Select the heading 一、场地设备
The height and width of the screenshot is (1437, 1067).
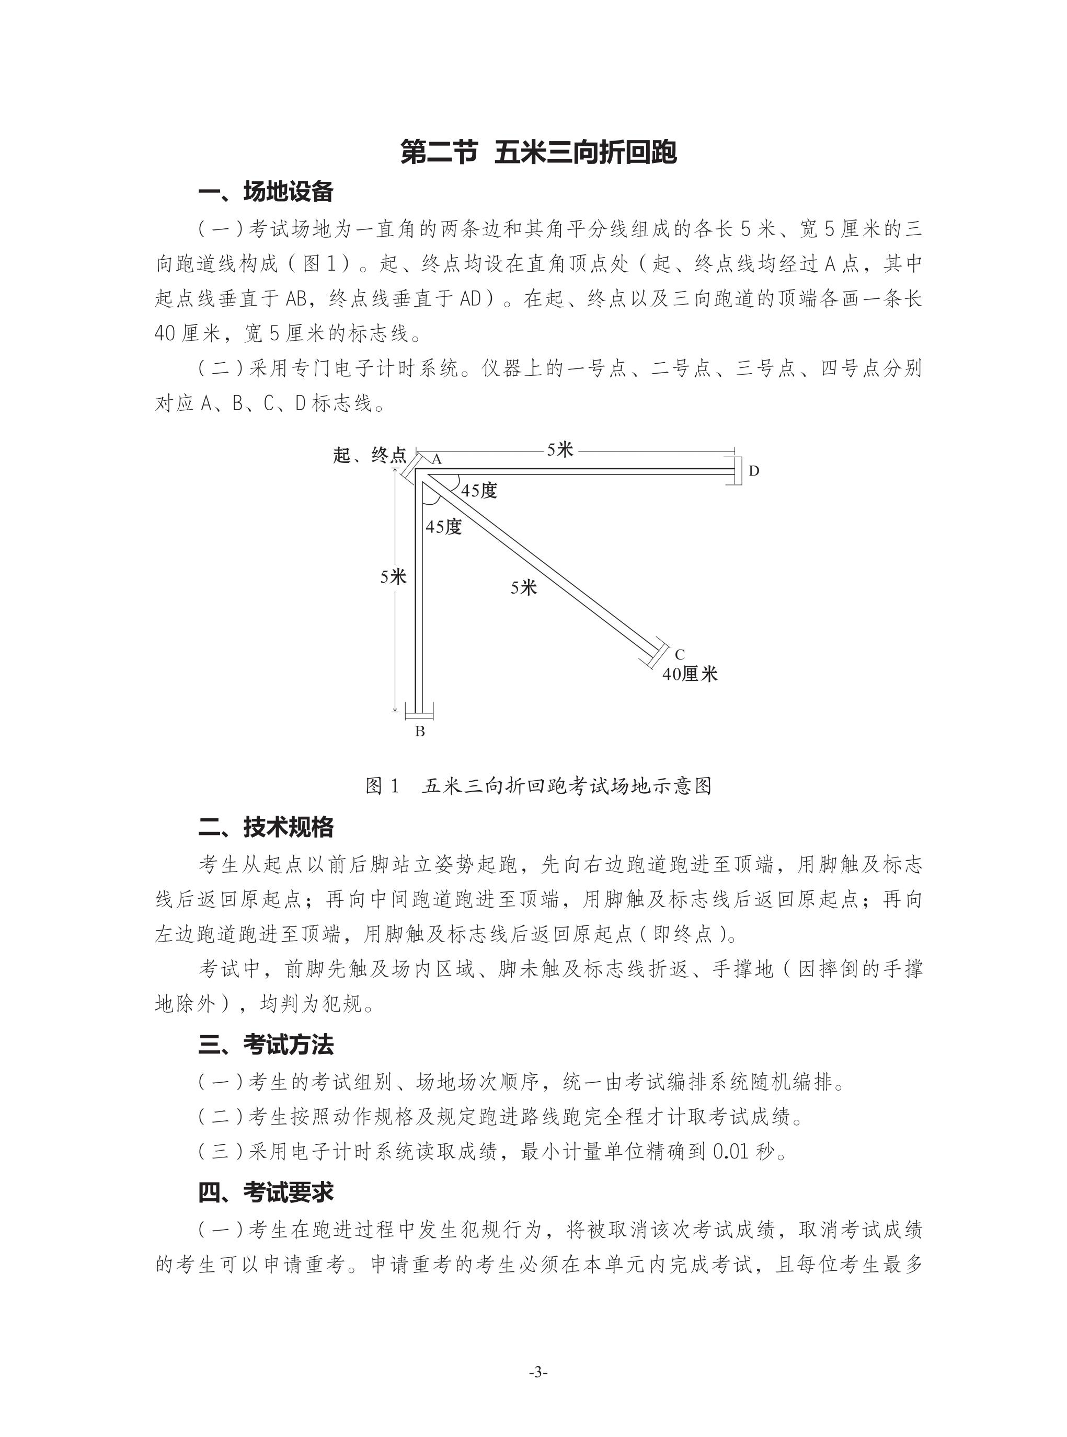coord(266,192)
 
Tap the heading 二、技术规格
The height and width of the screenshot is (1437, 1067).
coord(266,827)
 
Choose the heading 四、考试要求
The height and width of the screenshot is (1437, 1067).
coord(266,1192)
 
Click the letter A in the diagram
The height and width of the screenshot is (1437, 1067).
coord(437,460)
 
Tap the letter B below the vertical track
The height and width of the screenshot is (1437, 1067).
coord(420,732)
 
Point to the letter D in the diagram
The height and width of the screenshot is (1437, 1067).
coord(754,471)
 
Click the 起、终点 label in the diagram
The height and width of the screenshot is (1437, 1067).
coord(370,455)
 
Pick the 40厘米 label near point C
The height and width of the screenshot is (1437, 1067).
coord(690,675)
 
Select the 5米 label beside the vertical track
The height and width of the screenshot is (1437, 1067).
coord(393,577)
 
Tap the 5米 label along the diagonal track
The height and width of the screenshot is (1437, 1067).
coord(524,587)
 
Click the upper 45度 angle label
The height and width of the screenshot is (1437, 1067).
coord(479,491)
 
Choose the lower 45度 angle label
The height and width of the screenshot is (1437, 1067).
coord(444,527)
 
